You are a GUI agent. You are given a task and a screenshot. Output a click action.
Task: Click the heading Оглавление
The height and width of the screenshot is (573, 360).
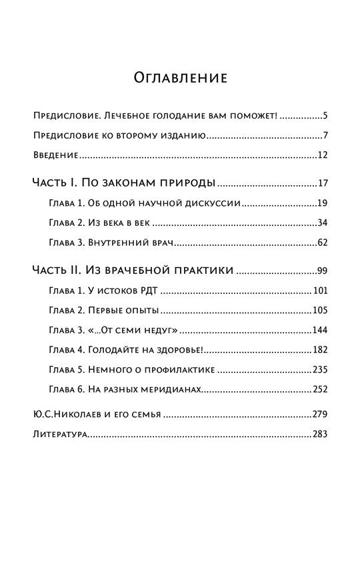tap(180, 79)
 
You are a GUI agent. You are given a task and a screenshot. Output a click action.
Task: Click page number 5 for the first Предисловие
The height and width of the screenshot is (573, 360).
tap(325, 116)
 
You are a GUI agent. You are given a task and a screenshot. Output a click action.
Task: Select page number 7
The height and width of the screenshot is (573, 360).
tap(325, 137)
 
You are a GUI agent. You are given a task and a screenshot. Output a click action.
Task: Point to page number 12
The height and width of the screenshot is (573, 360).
tap(323, 157)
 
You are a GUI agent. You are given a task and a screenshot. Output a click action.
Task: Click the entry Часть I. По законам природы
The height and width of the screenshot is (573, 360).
tap(123, 183)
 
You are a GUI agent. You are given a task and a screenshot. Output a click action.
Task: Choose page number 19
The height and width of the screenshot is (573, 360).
tap(323, 203)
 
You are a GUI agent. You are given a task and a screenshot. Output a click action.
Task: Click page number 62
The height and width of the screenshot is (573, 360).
tap(323, 243)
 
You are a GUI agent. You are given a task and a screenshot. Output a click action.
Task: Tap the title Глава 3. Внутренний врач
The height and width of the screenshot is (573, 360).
tap(111, 243)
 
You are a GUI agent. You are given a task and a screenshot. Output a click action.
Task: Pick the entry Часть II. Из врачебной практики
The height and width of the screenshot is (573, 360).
tap(133, 271)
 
